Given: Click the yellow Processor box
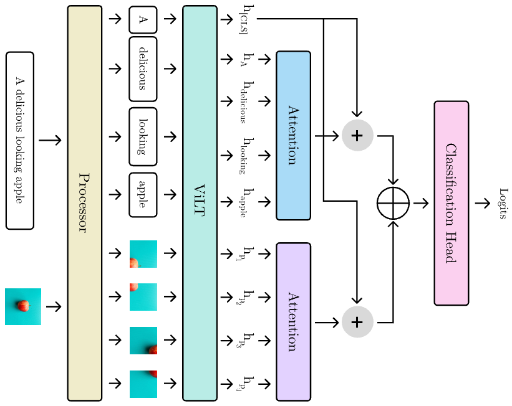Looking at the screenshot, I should click(x=84, y=203).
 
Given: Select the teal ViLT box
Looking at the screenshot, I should click(x=200, y=203).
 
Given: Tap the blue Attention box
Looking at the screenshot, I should click(x=293, y=136).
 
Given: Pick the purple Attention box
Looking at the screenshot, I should click(x=293, y=321).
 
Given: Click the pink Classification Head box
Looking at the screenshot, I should click(x=451, y=203).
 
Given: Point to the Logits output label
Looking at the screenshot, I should click(x=502, y=203).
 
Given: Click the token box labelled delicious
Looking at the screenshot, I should click(x=143, y=68).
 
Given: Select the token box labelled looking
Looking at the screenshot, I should click(x=143, y=136).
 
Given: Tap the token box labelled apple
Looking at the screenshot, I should click(x=143, y=194).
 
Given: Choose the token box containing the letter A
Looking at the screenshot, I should click(x=143, y=19).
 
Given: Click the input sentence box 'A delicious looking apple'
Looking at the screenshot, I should click(x=19, y=140).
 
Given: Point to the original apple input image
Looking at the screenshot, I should click(x=23, y=306).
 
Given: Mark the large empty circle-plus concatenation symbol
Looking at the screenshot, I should click(x=394, y=203).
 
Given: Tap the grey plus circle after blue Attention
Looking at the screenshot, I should click(x=357, y=136).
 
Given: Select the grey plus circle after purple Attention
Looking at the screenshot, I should click(x=357, y=322).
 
